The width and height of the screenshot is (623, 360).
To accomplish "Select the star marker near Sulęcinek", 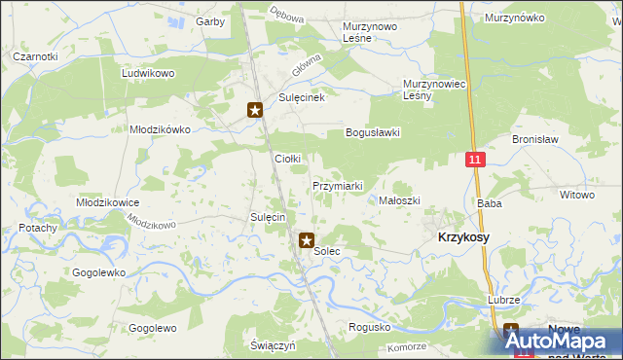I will tap(255, 110).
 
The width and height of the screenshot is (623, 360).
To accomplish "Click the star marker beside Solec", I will tap(306, 239).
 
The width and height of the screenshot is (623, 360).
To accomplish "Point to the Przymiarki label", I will tap(338, 186).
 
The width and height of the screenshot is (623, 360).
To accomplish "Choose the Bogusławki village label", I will tap(373, 132).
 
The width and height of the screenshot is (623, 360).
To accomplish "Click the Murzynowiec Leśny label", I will tap(431, 90).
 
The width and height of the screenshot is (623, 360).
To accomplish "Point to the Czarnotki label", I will tap(35, 56).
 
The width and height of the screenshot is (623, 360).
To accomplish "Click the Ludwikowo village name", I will tap(147, 73).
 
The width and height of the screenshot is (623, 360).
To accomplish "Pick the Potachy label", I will tap(37, 227).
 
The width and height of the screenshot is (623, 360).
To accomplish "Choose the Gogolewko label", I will tap(98, 272).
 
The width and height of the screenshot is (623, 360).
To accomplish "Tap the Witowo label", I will tap(576, 195).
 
